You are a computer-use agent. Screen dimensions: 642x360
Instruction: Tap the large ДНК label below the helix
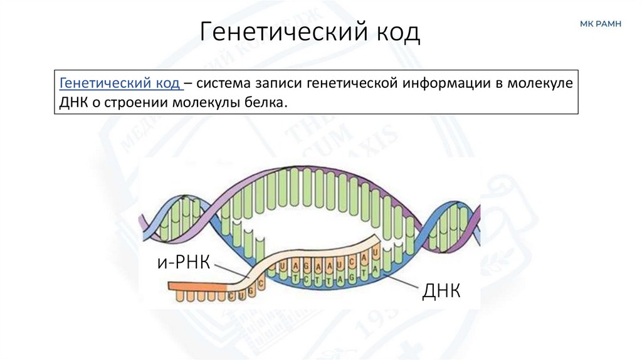(441, 290)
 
